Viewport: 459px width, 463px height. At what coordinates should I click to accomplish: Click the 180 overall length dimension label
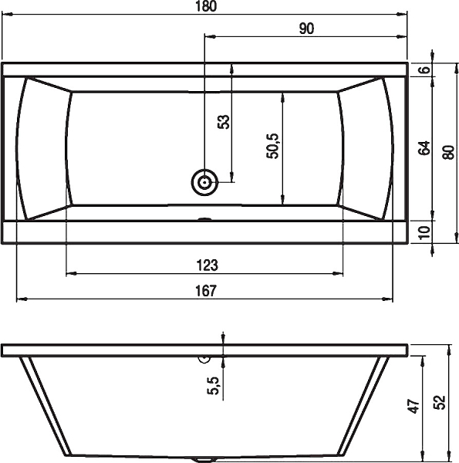(x=206, y=6)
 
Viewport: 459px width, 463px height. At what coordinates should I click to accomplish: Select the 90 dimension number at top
(x=306, y=29)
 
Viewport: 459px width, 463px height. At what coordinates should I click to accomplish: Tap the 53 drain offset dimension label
(x=224, y=122)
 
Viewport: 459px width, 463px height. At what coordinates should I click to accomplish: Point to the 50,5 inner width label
(x=272, y=146)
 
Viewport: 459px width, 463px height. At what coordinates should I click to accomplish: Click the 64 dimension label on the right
(x=424, y=148)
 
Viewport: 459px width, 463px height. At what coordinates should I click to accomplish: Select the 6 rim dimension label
(x=425, y=69)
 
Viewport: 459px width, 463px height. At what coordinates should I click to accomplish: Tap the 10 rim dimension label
(x=424, y=233)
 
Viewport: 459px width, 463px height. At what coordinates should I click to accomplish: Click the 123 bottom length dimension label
(x=208, y=265)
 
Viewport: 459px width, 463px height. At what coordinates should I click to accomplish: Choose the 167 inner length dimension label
(x=206, y=291)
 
